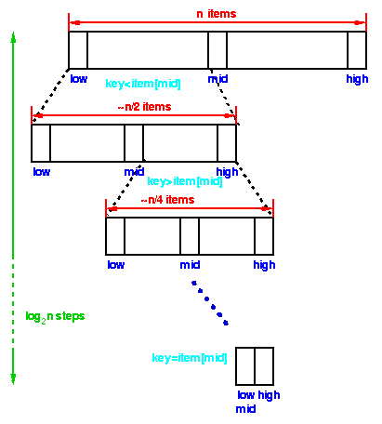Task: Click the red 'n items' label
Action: pyautogui.click(x=217, y=14)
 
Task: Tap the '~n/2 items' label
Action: pyautogui.click(x=144, y=107)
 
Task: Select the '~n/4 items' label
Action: pyautogui.click(x=167, y=200)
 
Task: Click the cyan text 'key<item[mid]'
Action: pyautogui.click(x=143, y=84)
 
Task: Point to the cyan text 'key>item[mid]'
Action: pyautogui.click(x=185, y=181)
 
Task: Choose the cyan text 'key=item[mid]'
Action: pyautogui.click(x=190, y=358)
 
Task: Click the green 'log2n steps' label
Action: pyautogui.click(x=55, y=317)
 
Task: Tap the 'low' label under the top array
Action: pyautogui.click(x=79, y=79)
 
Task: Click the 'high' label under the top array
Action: pyautogui.click(x=357, y=79)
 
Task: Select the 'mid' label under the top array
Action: pyautogui.click(x=217, y=79)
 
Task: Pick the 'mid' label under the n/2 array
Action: pyautogui.click(x=134, y=172)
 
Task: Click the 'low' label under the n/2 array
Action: pyautogui.click(x=42, y=172)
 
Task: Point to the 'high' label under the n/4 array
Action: pyautogui.click(x=264, y=265)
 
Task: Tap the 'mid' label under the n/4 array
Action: pyautogui.click(x=190, y=265)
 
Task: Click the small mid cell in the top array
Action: pyautogui.click(x=217, y=50)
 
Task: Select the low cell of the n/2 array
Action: pyautogui.click(x=41, y=143)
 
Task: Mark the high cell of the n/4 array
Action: pyautogui.click(x=264, y=236)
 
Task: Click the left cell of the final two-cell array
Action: pyautogui.click(x=245, y=366)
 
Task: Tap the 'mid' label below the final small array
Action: pyautogui.click(x=245, y=409)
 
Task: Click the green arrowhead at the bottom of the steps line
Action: pyautogui.click(x=13, y=378)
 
